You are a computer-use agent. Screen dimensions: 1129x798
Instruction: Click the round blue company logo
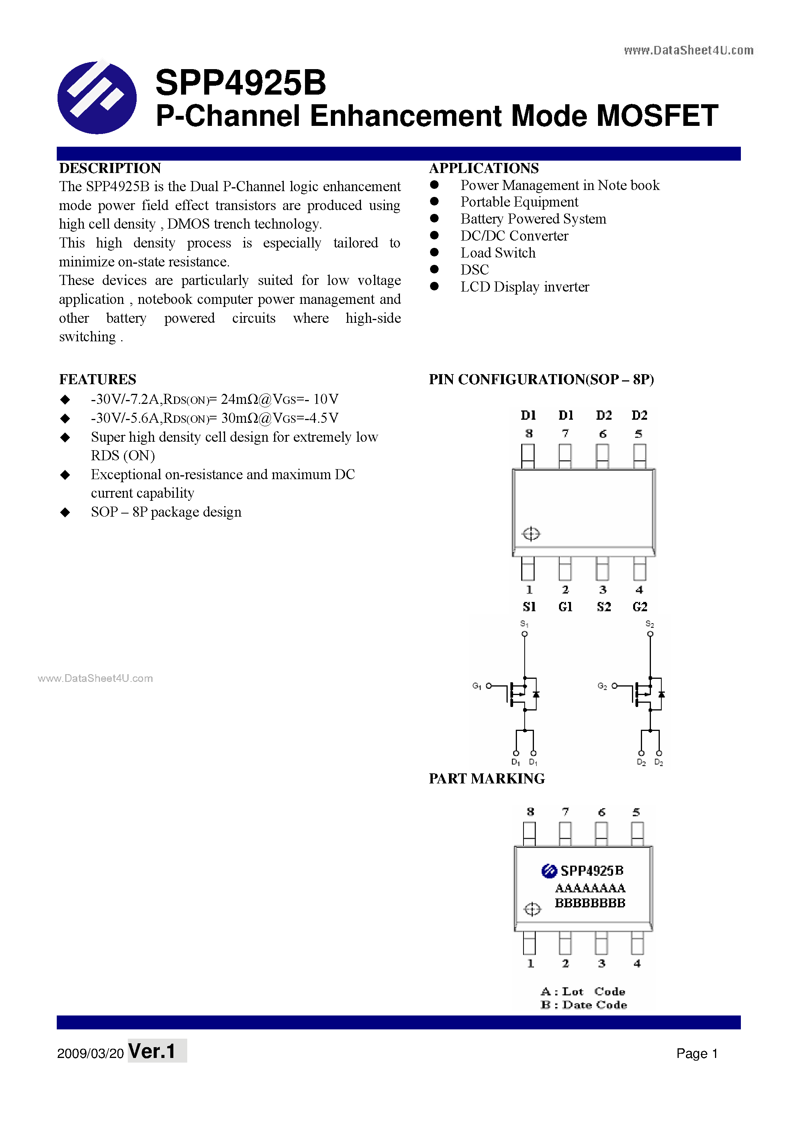point(97,97)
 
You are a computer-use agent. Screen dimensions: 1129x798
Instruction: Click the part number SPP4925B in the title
point(241,83)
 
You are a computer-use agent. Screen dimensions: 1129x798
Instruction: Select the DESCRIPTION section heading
point(110,168)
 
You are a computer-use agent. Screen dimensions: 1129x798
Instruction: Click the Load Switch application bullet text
point(498,253)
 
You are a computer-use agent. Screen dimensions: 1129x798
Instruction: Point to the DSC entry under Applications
point(474,270)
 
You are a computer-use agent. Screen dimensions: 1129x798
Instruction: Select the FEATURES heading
point(97,379)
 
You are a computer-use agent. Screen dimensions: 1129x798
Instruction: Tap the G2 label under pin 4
point(640,607)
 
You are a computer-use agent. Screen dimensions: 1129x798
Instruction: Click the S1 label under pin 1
point(529,607)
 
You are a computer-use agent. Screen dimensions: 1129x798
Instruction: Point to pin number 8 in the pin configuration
point(529,434)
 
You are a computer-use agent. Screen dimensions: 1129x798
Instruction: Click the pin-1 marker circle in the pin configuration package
point(531,534)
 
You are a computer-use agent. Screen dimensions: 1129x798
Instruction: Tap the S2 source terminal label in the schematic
point(649,624)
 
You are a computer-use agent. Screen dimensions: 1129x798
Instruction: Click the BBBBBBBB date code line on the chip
point(590,903)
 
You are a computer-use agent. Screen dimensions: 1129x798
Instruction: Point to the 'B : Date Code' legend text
point(584,1005)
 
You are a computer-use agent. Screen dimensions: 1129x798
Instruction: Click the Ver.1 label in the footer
point(152,1051)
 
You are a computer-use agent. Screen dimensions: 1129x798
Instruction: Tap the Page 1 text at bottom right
point(697,1053)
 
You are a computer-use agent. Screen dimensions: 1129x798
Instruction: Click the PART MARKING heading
point(487,778)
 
